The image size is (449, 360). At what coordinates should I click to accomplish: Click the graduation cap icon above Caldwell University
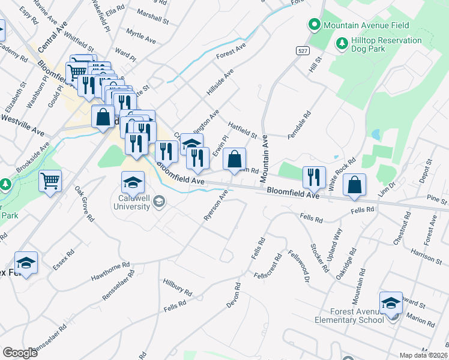(x=133, y=182)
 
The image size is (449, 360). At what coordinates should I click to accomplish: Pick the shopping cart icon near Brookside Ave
(x=50, y=181)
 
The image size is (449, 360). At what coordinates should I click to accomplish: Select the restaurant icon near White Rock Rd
(x=314, y=177)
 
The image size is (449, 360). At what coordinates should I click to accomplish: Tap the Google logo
(x=20, y=353)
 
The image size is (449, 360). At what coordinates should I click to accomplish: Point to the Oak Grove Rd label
(x=84, y=205)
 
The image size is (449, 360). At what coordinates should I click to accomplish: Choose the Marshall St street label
(x=152, y=16)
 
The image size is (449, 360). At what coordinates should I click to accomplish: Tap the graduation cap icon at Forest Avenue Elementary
(x=391, y=303)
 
